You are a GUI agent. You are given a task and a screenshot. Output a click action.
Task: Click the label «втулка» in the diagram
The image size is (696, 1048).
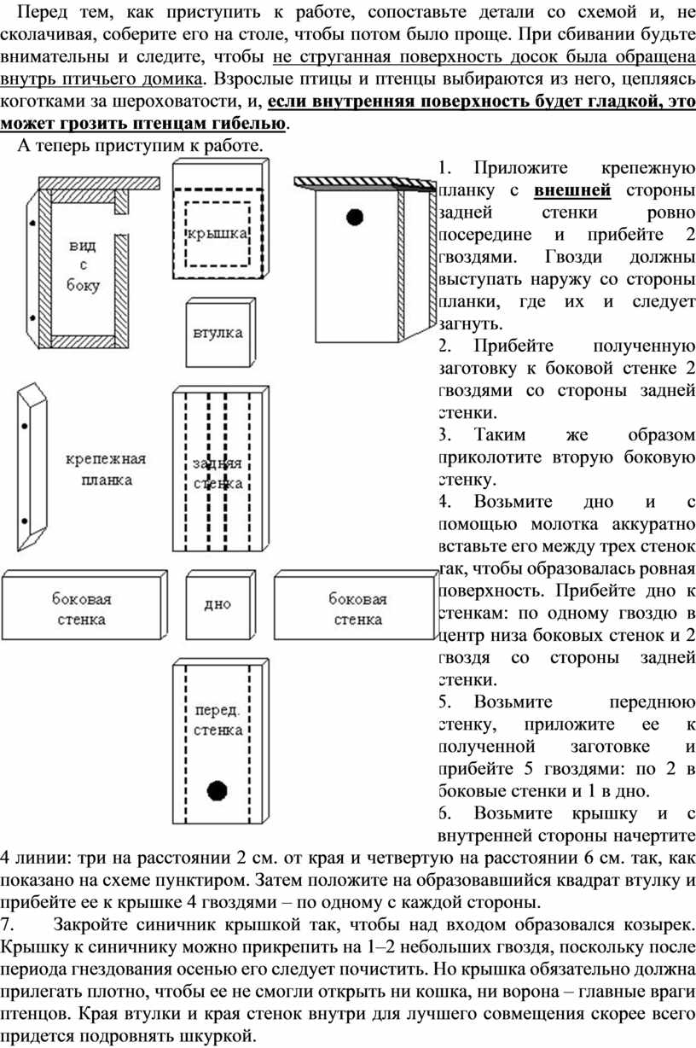click(218, 333)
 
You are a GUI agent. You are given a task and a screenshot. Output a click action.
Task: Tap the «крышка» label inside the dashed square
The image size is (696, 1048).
click(217, 233)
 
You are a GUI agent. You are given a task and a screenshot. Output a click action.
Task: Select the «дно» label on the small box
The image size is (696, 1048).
click(217, 604)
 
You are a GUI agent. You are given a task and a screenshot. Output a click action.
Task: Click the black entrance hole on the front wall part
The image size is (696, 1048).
click(217, 790)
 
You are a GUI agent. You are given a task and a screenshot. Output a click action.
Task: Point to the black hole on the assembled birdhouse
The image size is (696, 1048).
click(355, 217)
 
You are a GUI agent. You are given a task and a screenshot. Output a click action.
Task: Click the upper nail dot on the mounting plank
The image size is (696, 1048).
click(25, 426)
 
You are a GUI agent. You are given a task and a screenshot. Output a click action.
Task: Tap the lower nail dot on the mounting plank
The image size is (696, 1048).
click(25, 521)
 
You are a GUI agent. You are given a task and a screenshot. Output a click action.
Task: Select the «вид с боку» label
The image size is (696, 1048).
click(83, 265)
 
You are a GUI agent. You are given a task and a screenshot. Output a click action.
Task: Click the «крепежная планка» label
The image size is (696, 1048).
click(106, 469)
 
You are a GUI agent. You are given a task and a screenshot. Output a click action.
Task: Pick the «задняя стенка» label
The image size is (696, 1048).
click(218, 473)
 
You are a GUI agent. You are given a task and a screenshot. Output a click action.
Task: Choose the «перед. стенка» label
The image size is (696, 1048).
click(218, 720)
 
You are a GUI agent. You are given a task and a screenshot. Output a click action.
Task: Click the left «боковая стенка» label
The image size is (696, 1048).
click(82, 609)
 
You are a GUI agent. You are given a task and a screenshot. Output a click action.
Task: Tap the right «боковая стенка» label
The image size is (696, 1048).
click(358, 609)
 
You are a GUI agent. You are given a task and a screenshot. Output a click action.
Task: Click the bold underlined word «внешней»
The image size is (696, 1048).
click(572, 190)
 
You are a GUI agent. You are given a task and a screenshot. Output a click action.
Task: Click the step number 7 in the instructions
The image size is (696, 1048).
click(6, 924)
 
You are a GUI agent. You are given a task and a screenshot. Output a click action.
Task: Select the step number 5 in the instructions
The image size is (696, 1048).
click(444, 702)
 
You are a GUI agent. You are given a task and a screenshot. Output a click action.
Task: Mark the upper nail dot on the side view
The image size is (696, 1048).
click(32, 224)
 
